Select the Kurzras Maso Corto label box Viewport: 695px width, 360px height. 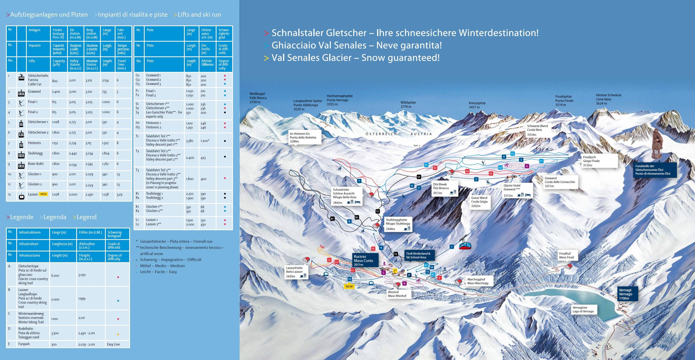click(x=363, y=260)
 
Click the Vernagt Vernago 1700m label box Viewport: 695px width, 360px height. click(x=627, y=294)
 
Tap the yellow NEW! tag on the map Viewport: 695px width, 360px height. click(x=349, y=286)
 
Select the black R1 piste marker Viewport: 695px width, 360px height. click(x=332, y=219)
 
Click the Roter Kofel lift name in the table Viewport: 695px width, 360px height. click(x=36, y=164)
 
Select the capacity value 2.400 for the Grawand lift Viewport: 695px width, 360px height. click(x=56, y=92)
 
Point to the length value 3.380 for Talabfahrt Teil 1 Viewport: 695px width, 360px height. click(x=190, y=141)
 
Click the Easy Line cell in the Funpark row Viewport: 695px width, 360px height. click(x=113, y=344)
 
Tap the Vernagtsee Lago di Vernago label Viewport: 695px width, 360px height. click(x=583, y=309)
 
